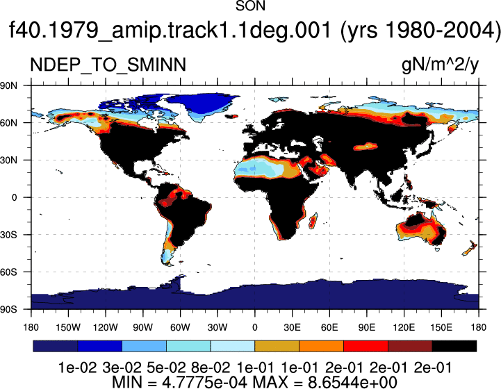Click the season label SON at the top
pos(250,6)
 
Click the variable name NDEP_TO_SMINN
pos(108,65)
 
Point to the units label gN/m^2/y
pos(440,65)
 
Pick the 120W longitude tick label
pos(106,327)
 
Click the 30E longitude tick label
pos(292,327)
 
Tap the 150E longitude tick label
pos(441,327)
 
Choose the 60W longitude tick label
pos(180,327)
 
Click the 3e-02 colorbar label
pos(122,368)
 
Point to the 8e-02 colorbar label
pos(211,368)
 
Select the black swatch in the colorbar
pos(454,346)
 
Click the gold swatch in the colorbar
pos(277,346)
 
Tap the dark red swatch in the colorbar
pos(410,346)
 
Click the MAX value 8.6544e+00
pos(352,382)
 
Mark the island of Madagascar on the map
pos(313,221)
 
